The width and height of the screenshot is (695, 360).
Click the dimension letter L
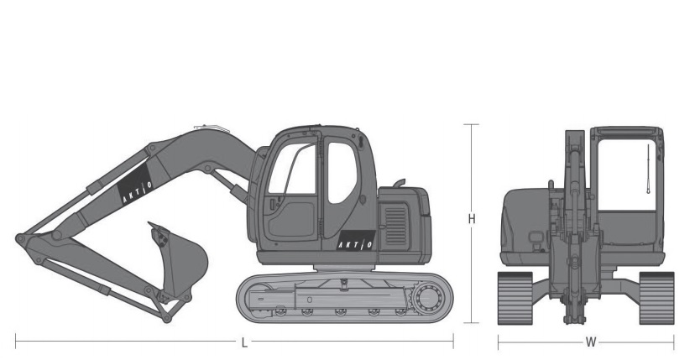(244, 342)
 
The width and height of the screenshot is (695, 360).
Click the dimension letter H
(472, 218)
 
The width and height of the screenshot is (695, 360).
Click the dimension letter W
(591, 342)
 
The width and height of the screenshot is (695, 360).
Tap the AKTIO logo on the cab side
(356, 241)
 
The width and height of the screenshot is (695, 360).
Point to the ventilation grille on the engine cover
(395, 226)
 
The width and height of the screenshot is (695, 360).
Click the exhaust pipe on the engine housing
(399, 183)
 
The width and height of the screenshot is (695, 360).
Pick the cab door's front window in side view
(293, 169)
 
